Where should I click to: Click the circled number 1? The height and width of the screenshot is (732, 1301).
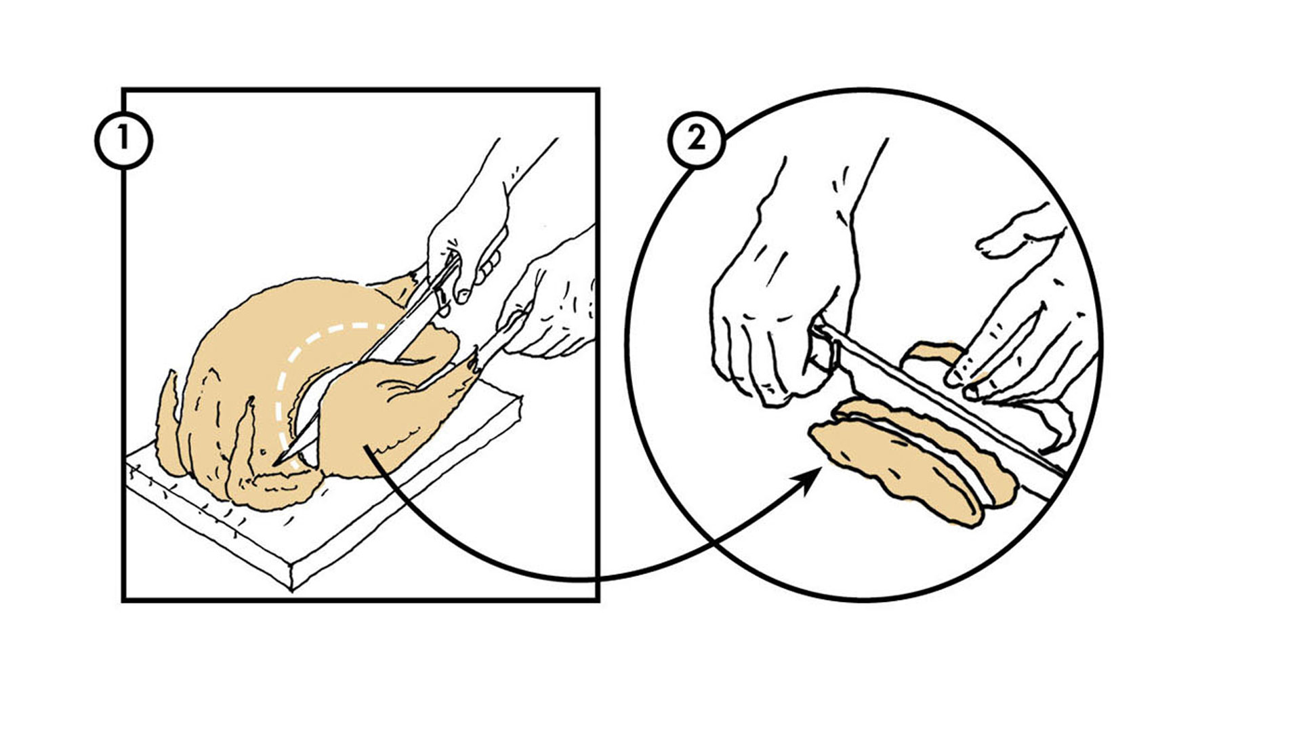123,140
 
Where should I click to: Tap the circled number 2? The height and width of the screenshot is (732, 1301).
697,140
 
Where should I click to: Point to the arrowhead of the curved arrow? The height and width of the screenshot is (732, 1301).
809,480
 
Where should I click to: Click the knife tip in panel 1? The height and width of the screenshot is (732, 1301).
276,464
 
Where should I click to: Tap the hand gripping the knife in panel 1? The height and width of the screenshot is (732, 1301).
468,224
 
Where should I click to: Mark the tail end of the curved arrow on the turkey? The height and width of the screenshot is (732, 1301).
367,447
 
